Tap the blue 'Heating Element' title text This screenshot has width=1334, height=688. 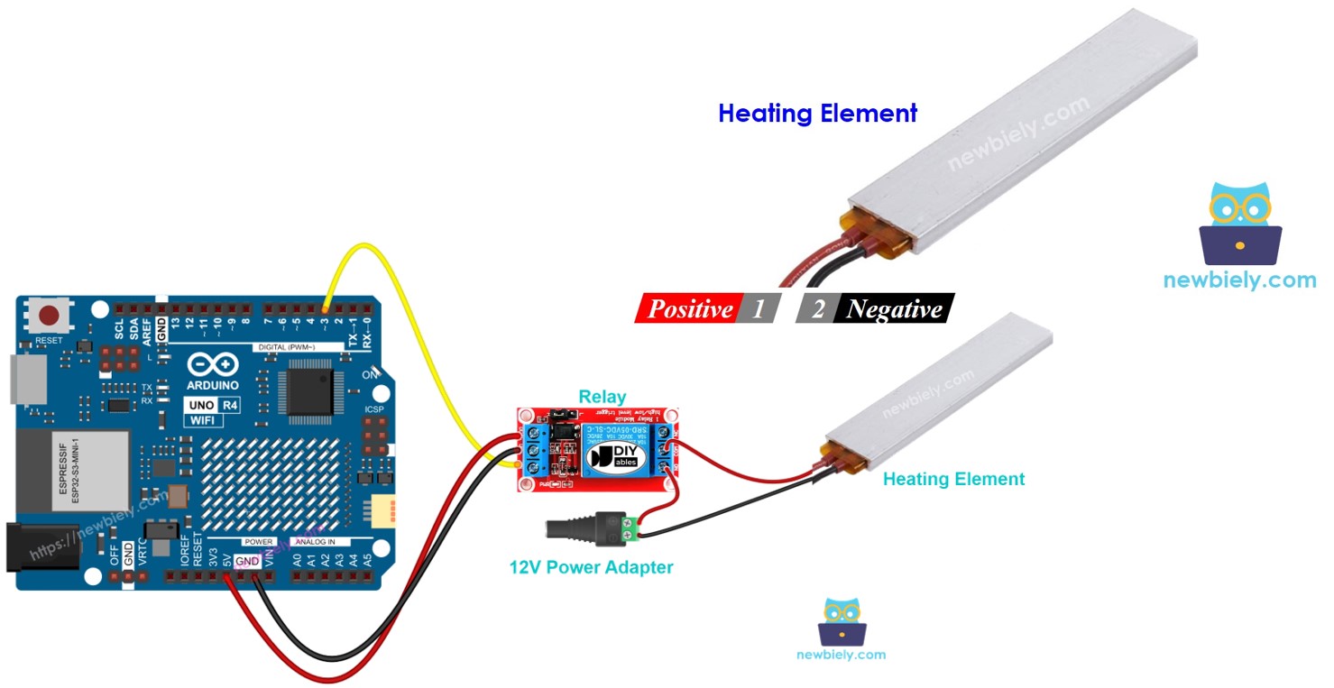click(x=817, y=114)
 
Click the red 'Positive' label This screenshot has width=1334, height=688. click(x=689, y=309)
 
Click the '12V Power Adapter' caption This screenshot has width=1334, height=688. click(x=591, y=567)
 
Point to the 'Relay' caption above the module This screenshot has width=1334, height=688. click(x=602, y=397)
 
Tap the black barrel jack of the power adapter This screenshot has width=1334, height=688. click(x=577, y=529)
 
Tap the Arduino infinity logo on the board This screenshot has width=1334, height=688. click(x=213, y=364)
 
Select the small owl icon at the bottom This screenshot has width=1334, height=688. click(x=841, y=622)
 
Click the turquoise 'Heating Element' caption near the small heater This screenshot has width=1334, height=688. click(x=953, y=480)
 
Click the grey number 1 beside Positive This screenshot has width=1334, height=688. click(x=759, y=309)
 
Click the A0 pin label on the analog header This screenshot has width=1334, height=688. click(x=297, y=560)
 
